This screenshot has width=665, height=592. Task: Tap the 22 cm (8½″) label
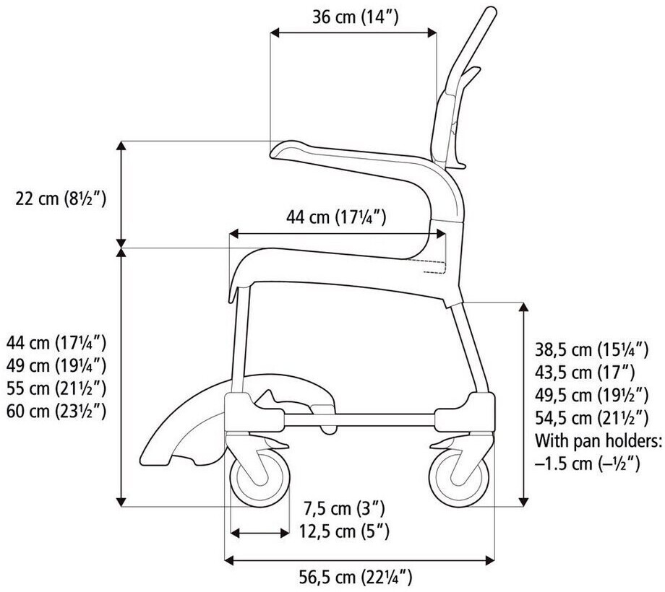61,198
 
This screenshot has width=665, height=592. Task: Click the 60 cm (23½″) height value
56,411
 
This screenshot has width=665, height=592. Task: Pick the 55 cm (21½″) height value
56,388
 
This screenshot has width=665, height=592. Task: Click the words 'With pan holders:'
598,440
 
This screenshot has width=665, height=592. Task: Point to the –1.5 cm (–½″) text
587,463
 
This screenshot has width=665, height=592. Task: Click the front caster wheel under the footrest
259,477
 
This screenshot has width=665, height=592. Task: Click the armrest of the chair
347,156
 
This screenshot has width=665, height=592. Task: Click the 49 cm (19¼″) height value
56,365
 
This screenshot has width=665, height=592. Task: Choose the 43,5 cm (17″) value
584,373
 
